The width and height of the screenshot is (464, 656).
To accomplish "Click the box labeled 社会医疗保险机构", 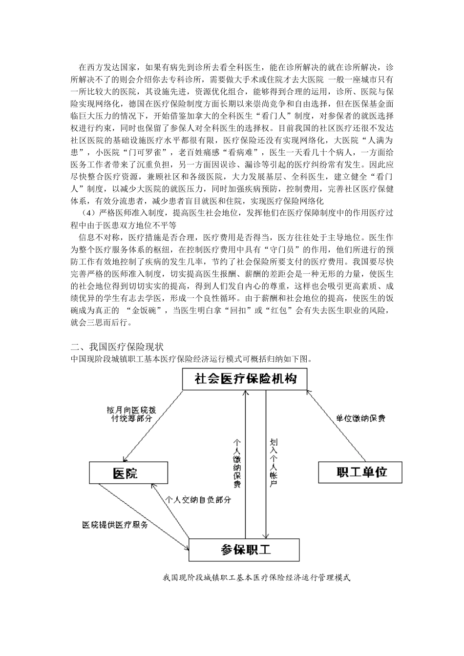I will (x=245, y=379).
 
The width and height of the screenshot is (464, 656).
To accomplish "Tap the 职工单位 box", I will (x=360, y=472).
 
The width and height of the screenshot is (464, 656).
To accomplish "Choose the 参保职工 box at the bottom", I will (x=244, y=550).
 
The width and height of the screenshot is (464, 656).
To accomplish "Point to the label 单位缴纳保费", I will (x=360, y=418).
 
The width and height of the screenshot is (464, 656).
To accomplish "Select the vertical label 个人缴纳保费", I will (x=237, y=462).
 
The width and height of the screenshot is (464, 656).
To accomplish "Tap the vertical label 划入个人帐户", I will (x=274, y=462).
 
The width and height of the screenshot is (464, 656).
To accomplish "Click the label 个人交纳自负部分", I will (x=198, y=500).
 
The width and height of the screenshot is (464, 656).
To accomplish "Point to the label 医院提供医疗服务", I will (x=115, y=525).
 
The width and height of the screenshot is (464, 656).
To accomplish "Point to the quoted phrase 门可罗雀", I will (x=142, y=152).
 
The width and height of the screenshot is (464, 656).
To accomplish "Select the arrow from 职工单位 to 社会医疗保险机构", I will (x=337, y=425).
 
